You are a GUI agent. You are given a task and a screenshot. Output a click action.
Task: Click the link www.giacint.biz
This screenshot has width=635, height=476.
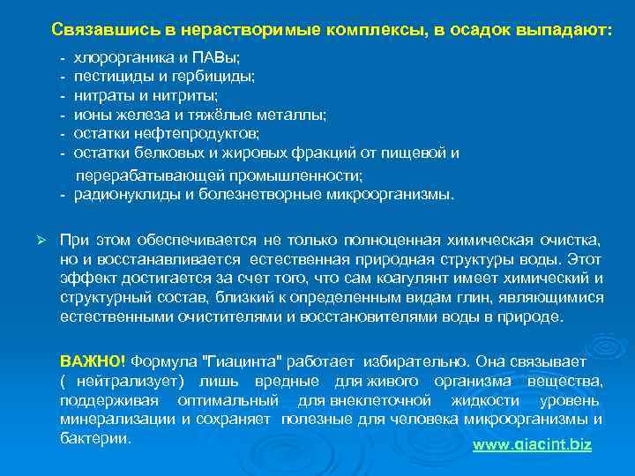pos(532,444)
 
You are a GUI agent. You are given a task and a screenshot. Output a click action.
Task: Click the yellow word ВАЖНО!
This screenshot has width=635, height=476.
pos(93,361)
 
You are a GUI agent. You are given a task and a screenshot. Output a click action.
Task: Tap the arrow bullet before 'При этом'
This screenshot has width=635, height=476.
pos(41,240)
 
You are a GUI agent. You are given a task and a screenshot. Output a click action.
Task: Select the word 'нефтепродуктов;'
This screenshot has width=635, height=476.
pos(198,133)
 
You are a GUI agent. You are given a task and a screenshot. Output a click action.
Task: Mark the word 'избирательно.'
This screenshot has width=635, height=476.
pos(423,361)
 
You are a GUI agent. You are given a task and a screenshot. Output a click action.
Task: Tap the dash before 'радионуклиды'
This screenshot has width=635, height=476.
pos(63,195)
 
